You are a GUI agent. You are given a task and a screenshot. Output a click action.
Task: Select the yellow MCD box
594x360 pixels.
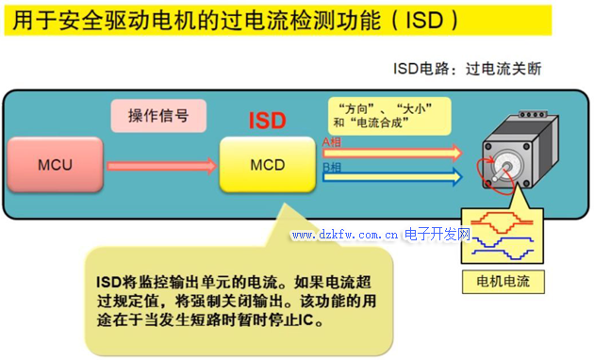pyautogui.click(x=267, y=165)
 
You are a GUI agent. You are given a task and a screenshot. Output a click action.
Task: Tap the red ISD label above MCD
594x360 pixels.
pyautogui.click(x=267, y=122)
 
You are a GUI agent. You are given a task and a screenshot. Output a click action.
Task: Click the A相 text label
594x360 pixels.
pyautogui.click(x=332, y=142)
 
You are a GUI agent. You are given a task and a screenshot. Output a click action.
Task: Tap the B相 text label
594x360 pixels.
pyautogui.click(x=332, y=167)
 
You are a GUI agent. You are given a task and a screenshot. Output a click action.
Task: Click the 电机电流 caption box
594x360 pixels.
pyautogui.click(x=503, y=281)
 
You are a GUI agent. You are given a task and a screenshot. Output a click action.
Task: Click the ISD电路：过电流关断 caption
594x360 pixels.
pyautogui.click(x=468, y=69)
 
